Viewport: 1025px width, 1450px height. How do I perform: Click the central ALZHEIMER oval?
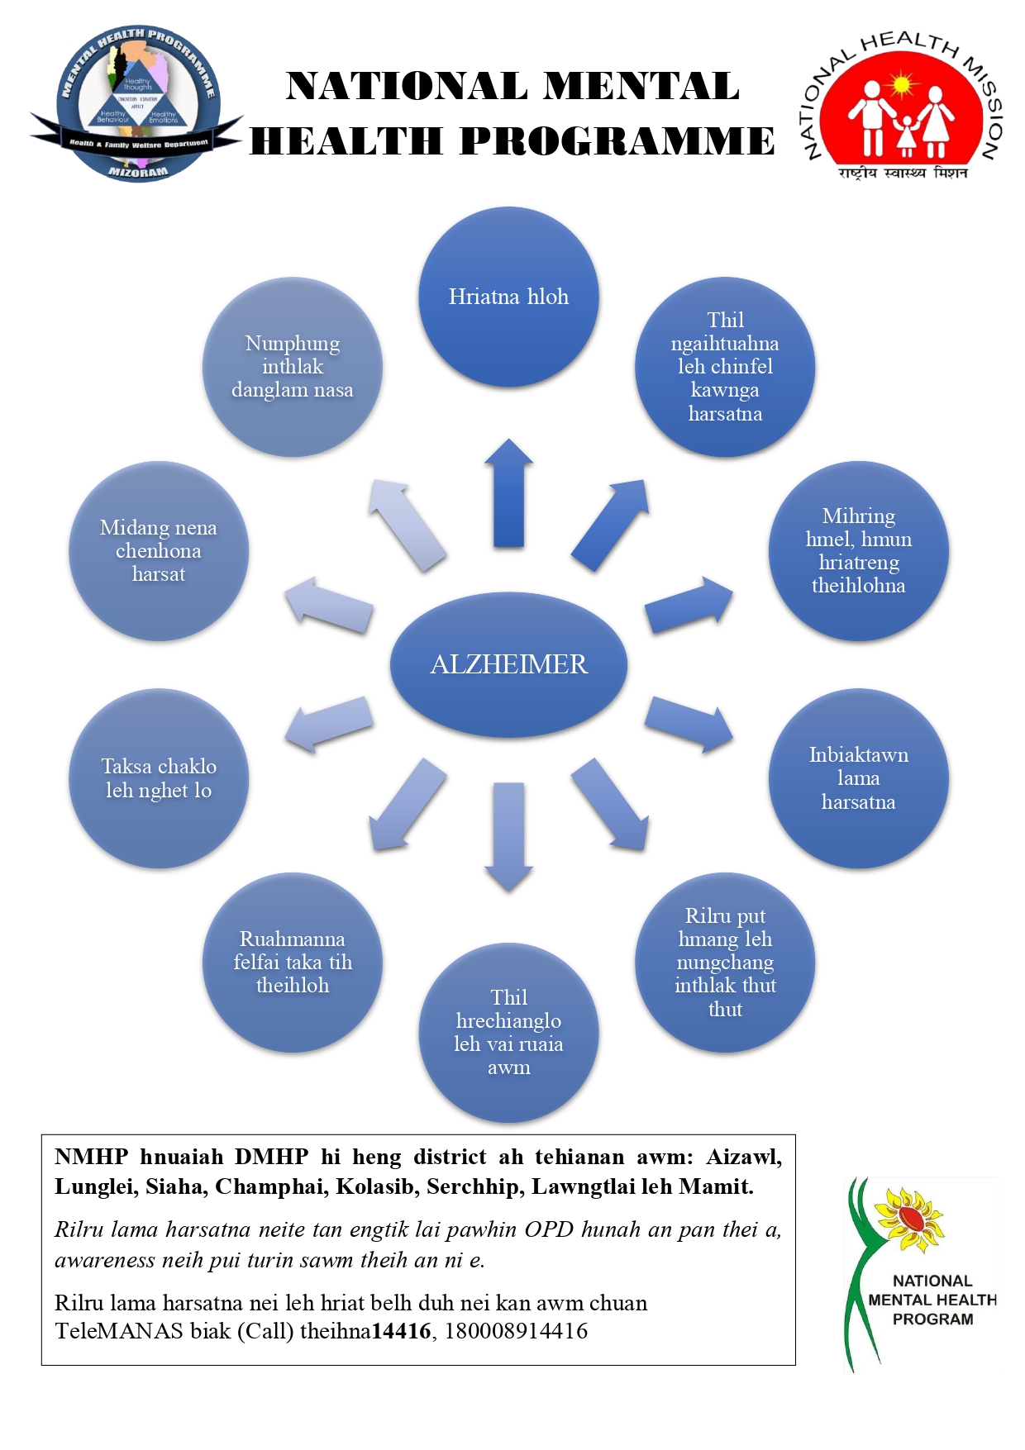pyautogui.click(x=508, y=664)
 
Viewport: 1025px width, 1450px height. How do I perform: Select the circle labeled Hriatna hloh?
pyautogui.click(x=508, y=297)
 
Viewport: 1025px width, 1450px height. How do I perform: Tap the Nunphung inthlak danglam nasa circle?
pyautogui.click(x=292, y=367)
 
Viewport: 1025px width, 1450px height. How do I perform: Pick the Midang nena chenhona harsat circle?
pyautogui.click(x=159, y=551)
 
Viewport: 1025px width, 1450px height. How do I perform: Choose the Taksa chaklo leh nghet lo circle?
pyautogui.click(x=159, y=778)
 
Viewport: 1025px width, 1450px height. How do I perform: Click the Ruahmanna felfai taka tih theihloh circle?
pyautogui.click(x=292, y=963)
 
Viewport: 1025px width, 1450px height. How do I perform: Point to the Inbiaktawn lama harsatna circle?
pyautogui.click(x=858, y=778)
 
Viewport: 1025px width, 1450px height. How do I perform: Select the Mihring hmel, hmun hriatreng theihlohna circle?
pyautogui.click(x=858, y=551)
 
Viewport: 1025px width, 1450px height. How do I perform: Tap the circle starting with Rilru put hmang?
pyautogui.click(x=725, y=963)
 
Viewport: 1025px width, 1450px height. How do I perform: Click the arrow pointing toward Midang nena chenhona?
pyautogui.click(x=328, y=605)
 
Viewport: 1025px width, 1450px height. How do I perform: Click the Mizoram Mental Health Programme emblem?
pyautogui.click(x=137, y=104)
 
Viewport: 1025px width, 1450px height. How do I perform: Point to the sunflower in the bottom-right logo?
pyautogui.click(x=908, y=1219)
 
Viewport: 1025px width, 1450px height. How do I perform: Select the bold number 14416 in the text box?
pyautogui.click(x=401, y=1331)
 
